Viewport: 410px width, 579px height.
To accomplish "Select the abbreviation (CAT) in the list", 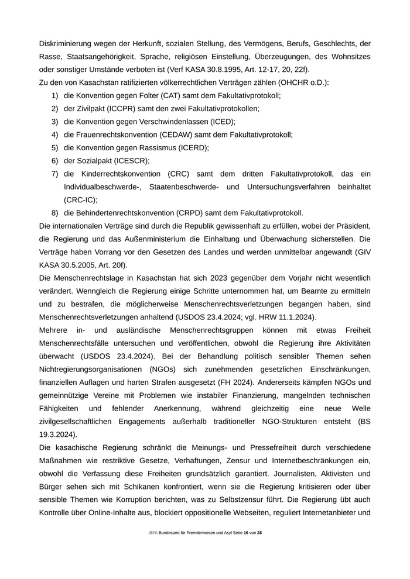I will pyautogui.click(x=169, y=95).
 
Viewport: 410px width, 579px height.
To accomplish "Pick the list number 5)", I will pyautogui.click(x=54, y=147).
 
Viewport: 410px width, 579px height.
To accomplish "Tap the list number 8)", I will pyautogui.click(x=54, y=213).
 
